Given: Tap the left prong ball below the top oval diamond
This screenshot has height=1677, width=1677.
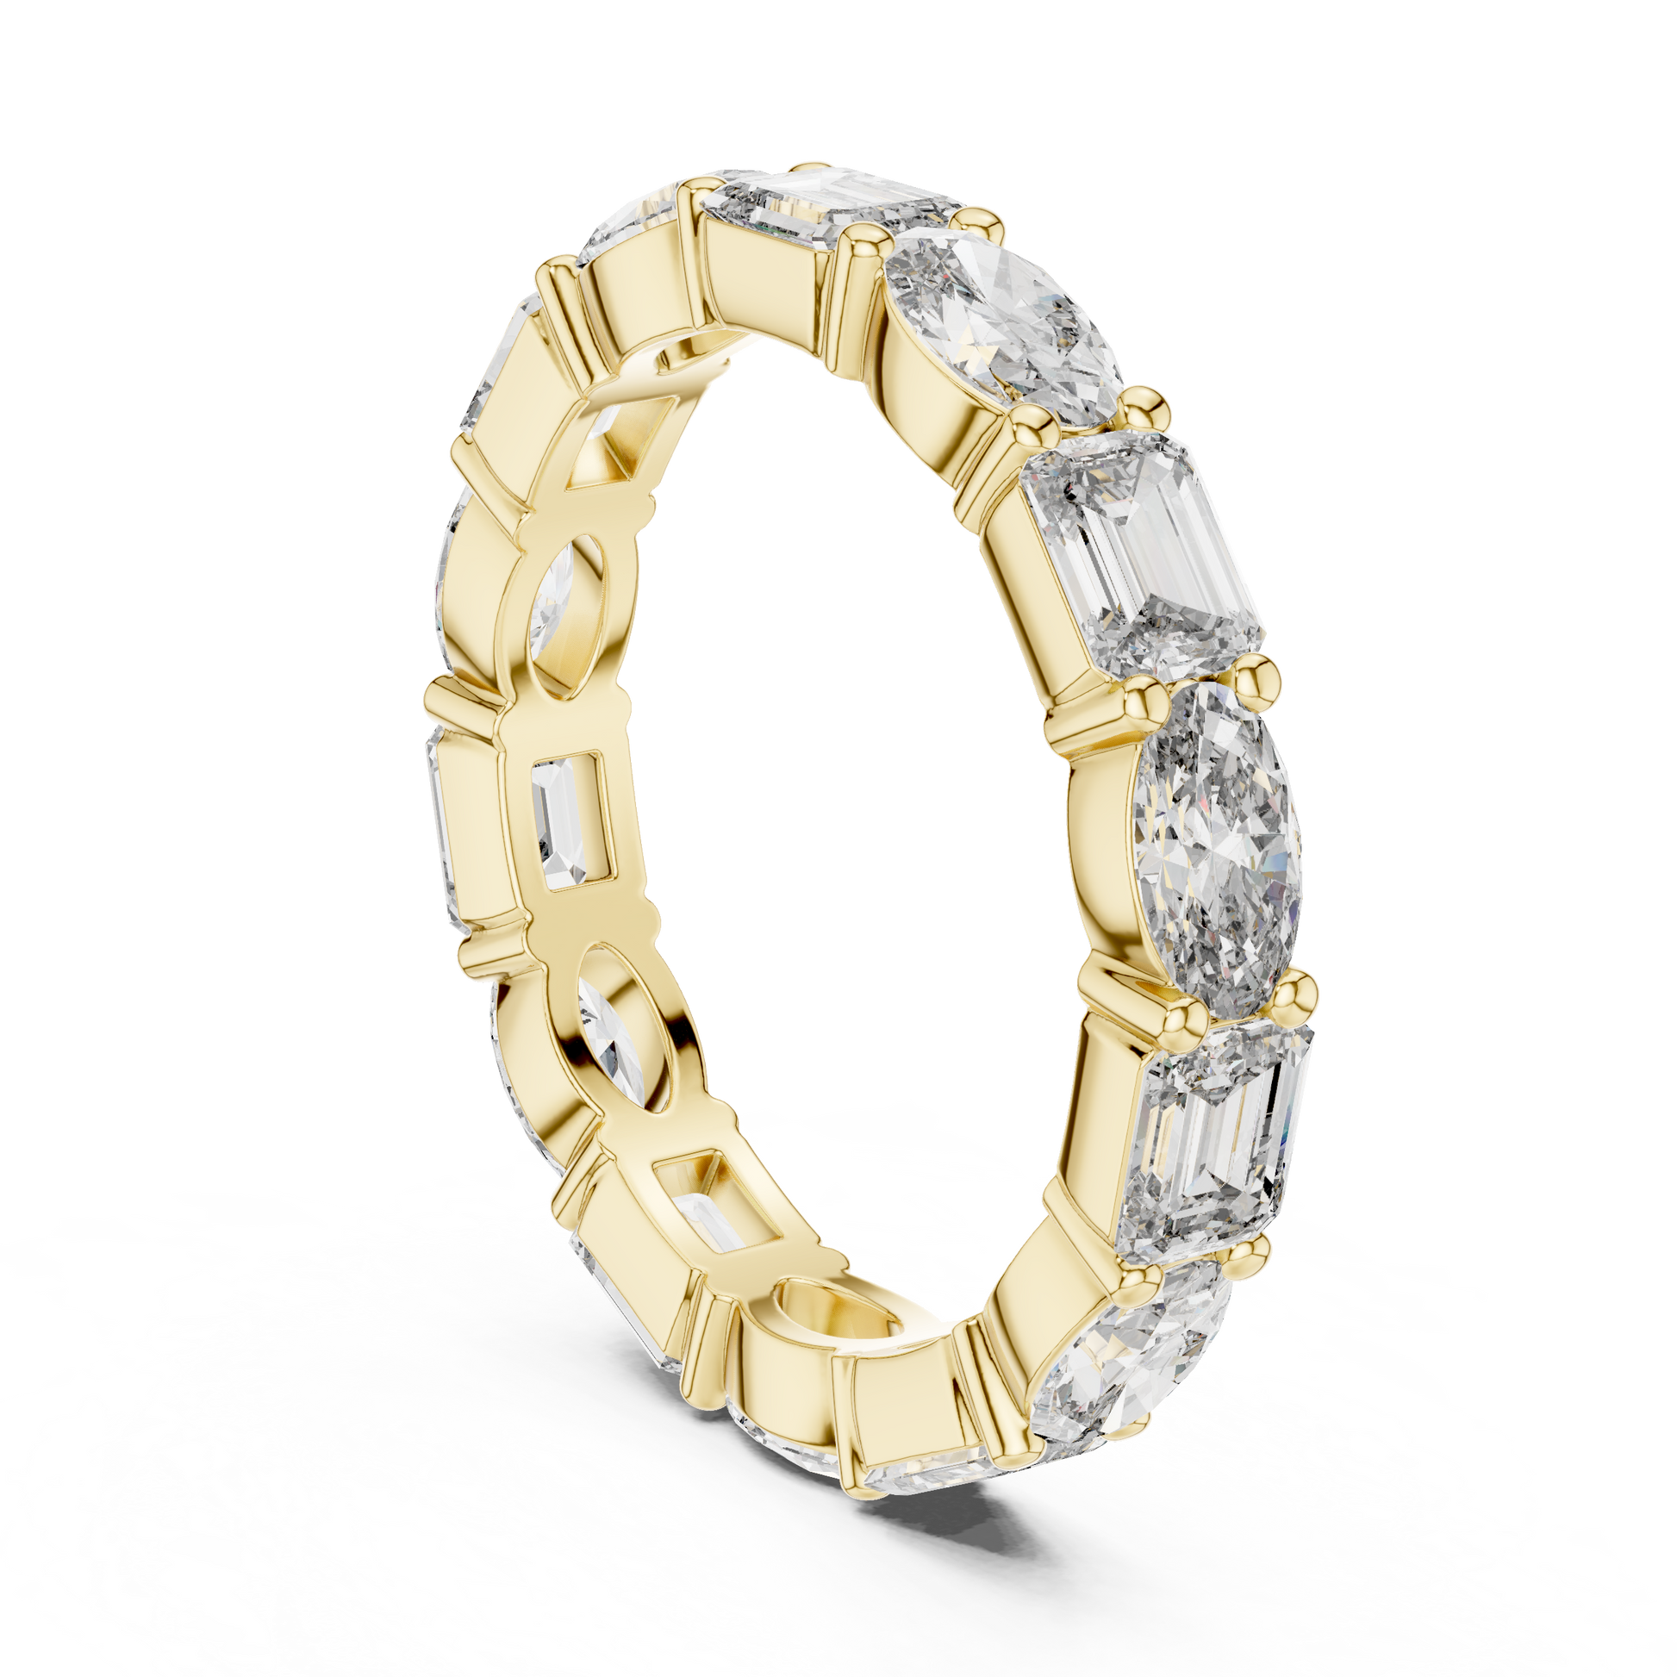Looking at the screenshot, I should pyautogui.click(x=1030, y=425).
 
